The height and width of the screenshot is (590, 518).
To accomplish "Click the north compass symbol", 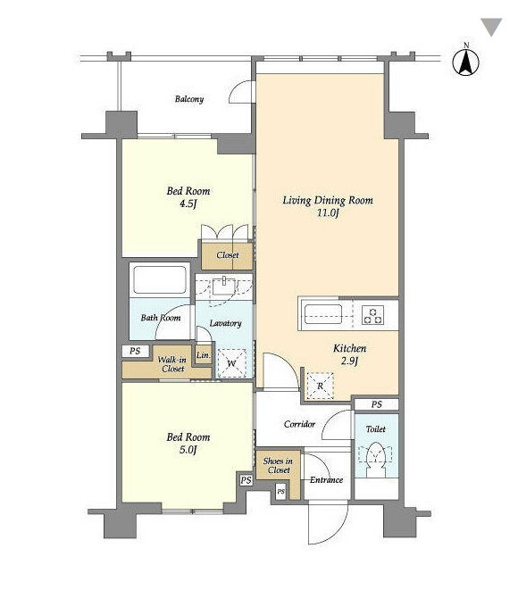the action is (465, 62).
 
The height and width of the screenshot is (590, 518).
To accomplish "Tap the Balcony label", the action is (189, 99).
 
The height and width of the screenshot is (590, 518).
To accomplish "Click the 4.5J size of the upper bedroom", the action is (188, 204).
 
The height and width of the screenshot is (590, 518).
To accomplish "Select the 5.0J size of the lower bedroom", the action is (188, 450).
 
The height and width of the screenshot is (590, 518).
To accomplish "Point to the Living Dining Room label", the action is (328, 200).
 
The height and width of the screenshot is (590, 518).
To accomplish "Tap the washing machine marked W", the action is (231, 363).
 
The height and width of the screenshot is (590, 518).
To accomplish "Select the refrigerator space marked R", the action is (320, 386).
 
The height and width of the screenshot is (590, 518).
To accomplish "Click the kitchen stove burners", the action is (373, 315).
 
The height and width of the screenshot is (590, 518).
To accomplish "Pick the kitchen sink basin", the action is (323, 314).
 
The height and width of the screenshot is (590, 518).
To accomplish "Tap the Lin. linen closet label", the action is (204, 355).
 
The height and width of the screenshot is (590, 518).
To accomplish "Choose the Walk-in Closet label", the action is (172, 364).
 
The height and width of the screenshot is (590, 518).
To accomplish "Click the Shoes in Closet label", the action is (278, 465).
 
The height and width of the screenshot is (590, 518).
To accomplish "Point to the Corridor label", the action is (299, 425).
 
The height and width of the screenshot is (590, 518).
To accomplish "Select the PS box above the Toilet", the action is (377, 404).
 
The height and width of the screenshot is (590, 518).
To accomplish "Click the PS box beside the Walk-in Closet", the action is (135, 351).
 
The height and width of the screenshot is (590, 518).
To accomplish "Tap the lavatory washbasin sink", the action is (224, 287).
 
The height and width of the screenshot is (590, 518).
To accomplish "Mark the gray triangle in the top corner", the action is (491, 27).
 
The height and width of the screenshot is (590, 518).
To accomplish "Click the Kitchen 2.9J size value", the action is (349, 361).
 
